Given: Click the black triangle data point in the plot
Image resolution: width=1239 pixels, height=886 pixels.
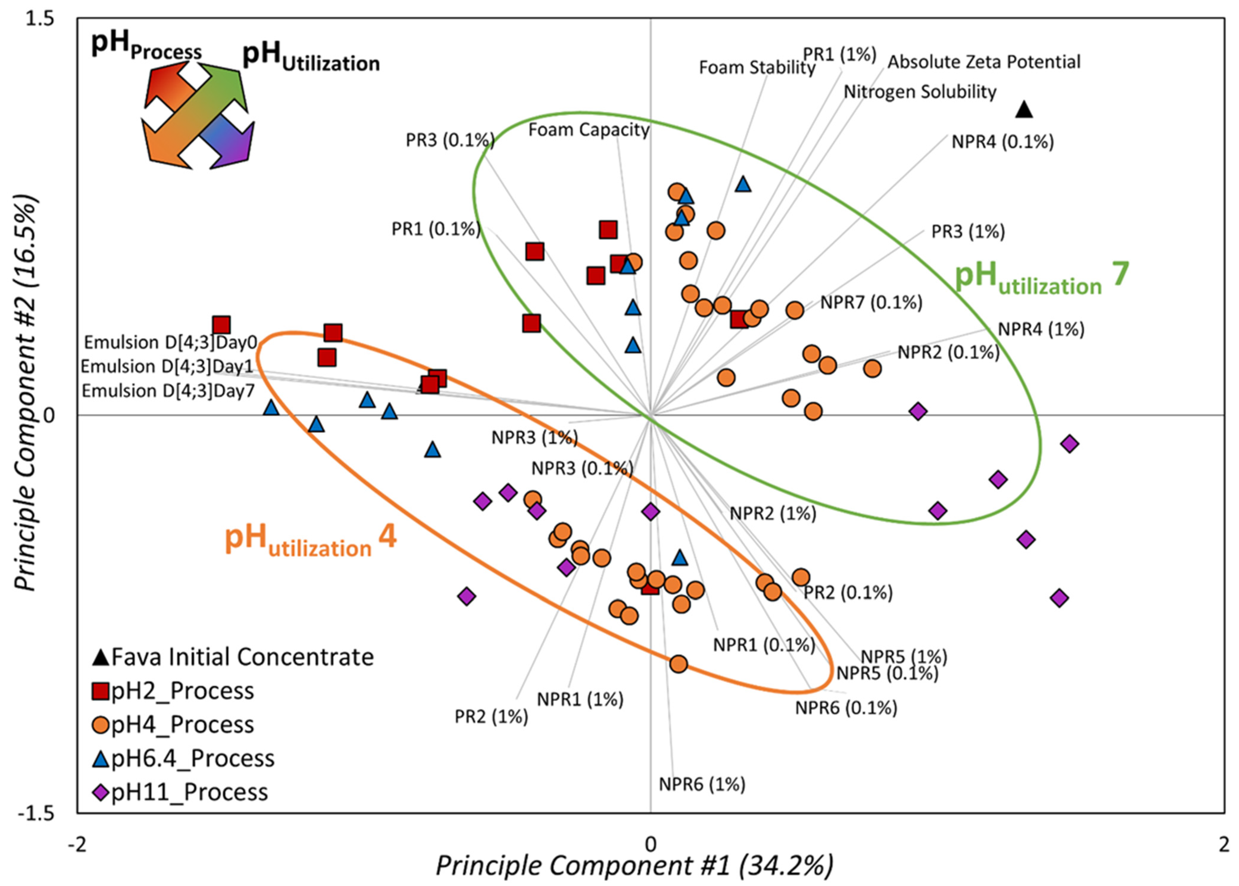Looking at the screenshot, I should tap(1024, 110).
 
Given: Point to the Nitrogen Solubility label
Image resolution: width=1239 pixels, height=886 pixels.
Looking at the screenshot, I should tap(920, 92).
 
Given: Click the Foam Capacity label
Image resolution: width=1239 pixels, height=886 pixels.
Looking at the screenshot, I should tap(589, 130).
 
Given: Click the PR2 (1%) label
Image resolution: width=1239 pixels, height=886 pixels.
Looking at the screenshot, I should tap(491, 716).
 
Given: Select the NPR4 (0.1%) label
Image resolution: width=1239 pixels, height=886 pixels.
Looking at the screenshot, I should tap(1002, 142).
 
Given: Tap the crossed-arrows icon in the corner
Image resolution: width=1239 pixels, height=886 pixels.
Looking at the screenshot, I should tap(198, 116).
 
